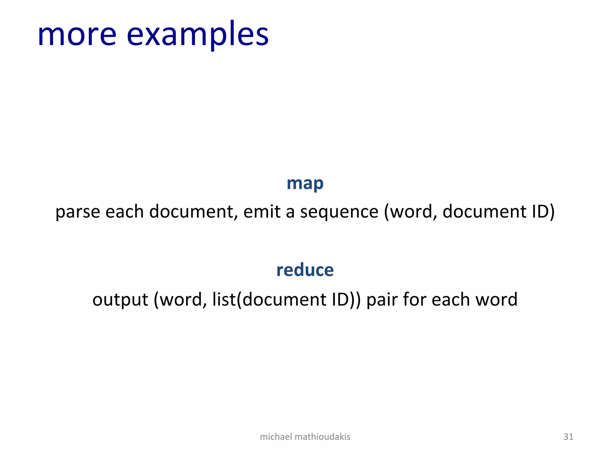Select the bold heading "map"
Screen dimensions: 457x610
pyautogui.click(x=305, y=184)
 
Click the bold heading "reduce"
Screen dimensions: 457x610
pyautogui.click(x=305, y=270)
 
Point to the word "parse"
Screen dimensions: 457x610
pyautogui.click(x=78, y=212)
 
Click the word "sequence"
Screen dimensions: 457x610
pyautogui.click(x=339, y=212)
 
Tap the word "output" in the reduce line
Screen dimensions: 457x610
pyautogui.click(x=120, y=300)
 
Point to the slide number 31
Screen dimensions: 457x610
pyautogui.click(x=568, y=437)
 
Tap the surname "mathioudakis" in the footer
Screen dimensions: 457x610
pyautogui.click(x=322, y=437)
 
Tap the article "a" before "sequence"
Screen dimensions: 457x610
pyautogui.click(x=290, y=212)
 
